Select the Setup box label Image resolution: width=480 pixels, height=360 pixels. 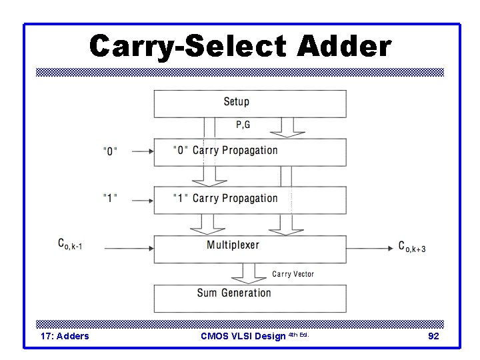coord(236,101)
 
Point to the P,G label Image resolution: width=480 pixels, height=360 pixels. coord(243,124)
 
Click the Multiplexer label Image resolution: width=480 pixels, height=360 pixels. coord(233,245)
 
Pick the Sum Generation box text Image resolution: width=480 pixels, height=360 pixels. coord(234,293)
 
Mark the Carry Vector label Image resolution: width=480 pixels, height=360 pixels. coord(293,274)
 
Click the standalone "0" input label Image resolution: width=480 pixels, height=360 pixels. coord(110,151)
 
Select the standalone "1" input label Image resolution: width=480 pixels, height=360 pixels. coord(110,198)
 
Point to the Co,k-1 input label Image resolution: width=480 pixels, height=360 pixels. coord(69,246)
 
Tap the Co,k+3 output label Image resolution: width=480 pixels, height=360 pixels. coord(412,247)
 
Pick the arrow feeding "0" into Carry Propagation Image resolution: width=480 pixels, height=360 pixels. coord(141,151)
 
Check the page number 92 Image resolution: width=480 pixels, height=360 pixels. coord(433,336)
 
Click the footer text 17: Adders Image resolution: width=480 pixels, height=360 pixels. coord(65,336)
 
